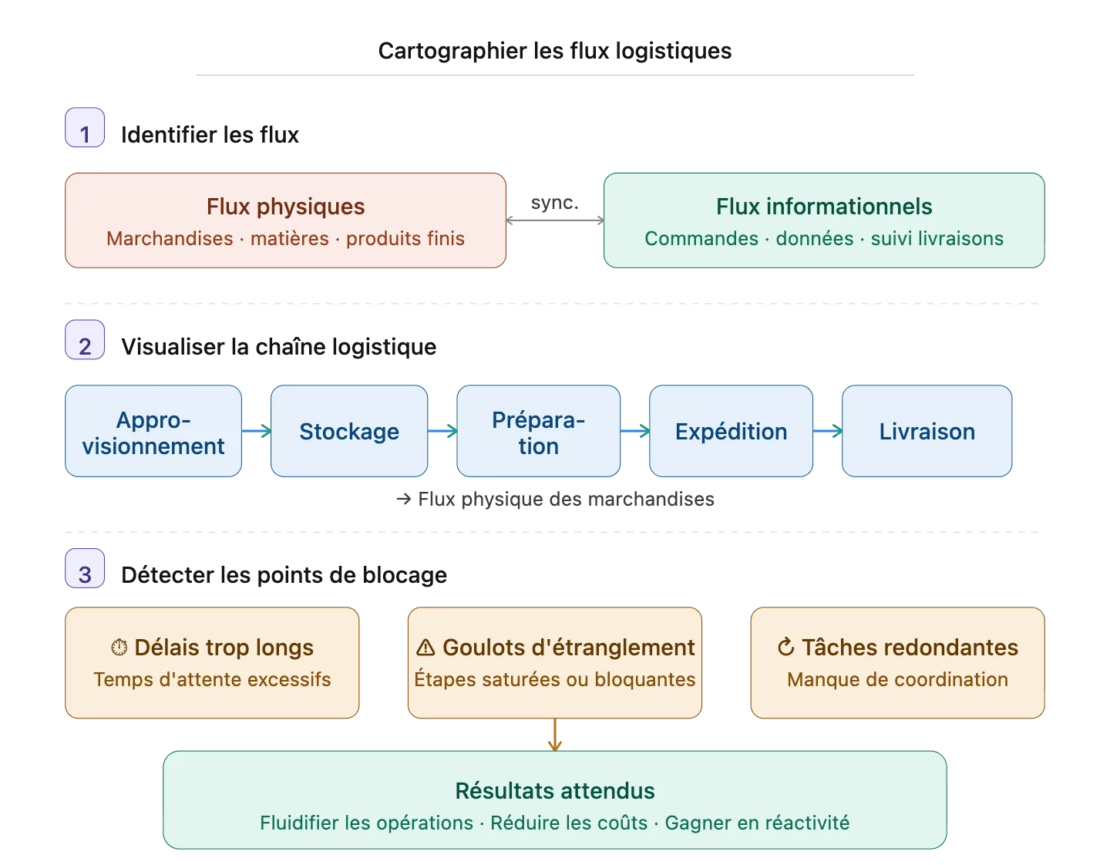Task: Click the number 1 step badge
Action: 85,127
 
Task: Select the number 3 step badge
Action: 85,569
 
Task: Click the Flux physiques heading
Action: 285,207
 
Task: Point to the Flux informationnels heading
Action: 823,207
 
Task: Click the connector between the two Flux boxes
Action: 554,220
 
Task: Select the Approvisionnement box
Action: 153,432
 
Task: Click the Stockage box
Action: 349,432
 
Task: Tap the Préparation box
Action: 538,432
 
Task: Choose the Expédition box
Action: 731,432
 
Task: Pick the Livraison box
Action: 927,432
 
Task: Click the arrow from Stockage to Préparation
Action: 442,432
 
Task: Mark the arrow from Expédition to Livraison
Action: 827,432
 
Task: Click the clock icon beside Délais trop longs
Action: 119,648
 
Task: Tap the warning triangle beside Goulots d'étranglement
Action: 425,648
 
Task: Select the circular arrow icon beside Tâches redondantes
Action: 785,648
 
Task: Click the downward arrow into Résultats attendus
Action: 554,735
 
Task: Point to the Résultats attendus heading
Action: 555,791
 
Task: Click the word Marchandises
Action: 170,239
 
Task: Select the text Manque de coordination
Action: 897,680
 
